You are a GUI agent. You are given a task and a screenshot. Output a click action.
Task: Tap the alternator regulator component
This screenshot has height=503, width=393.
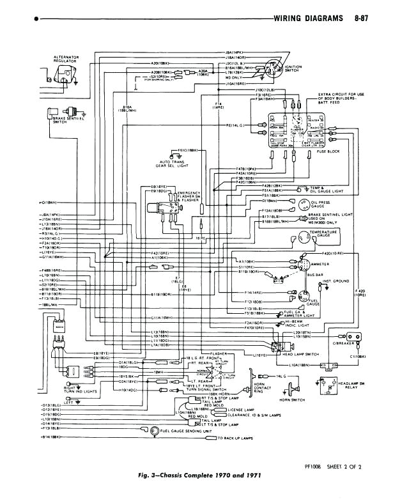pyautogui.click(x=65, y=75)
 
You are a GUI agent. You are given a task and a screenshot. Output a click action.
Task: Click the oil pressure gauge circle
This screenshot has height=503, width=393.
pyautogui.click(x=304, y=205)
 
